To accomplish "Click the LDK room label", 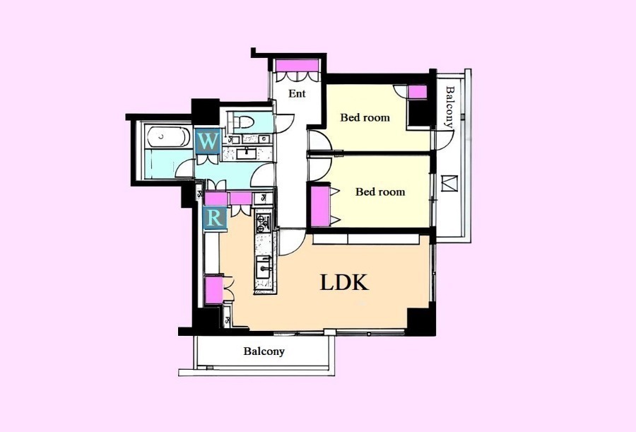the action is [344, 283].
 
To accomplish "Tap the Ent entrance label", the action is [297, 93].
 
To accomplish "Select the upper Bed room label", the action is [365, 118].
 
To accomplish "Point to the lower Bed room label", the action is [380, 192].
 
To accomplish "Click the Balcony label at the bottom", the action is [264, 351].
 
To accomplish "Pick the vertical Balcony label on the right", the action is [450, 107].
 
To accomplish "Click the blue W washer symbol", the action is [207, 141].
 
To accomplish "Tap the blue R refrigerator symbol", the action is [214, 218].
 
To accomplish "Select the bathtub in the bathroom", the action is [169, 136].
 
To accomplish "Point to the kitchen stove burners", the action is [263, 223].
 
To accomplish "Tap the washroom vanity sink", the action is [246, 153].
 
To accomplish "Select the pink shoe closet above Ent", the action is [297, 65].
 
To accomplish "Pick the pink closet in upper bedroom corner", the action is [417, 92].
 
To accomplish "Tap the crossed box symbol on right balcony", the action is [449, 183].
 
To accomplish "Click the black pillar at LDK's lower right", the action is [421, 322].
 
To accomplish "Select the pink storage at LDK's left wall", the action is [213, 289].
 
